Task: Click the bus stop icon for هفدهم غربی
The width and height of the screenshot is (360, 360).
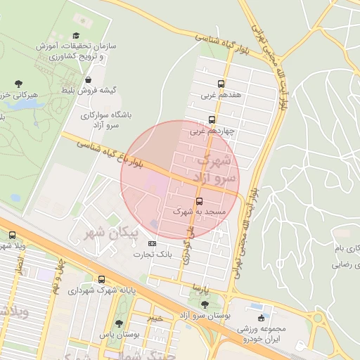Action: coord(221,83)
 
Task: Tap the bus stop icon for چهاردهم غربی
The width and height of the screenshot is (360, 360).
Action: coord(212,120)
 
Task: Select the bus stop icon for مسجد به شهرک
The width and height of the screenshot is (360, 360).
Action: coord(198,200)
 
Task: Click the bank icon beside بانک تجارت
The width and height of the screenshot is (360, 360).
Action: coord(153,243)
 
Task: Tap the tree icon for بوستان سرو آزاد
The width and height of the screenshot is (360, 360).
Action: coord(205,304)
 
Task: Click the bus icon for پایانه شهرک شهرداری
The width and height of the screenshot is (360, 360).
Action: coord(102,279)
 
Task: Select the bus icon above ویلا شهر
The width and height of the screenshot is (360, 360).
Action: coord(12,236)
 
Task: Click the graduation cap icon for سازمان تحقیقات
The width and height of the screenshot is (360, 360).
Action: coord(76,36)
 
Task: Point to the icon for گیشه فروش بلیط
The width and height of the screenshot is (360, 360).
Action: coord(88,80)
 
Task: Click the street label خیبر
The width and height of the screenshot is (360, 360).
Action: coord(155,318)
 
